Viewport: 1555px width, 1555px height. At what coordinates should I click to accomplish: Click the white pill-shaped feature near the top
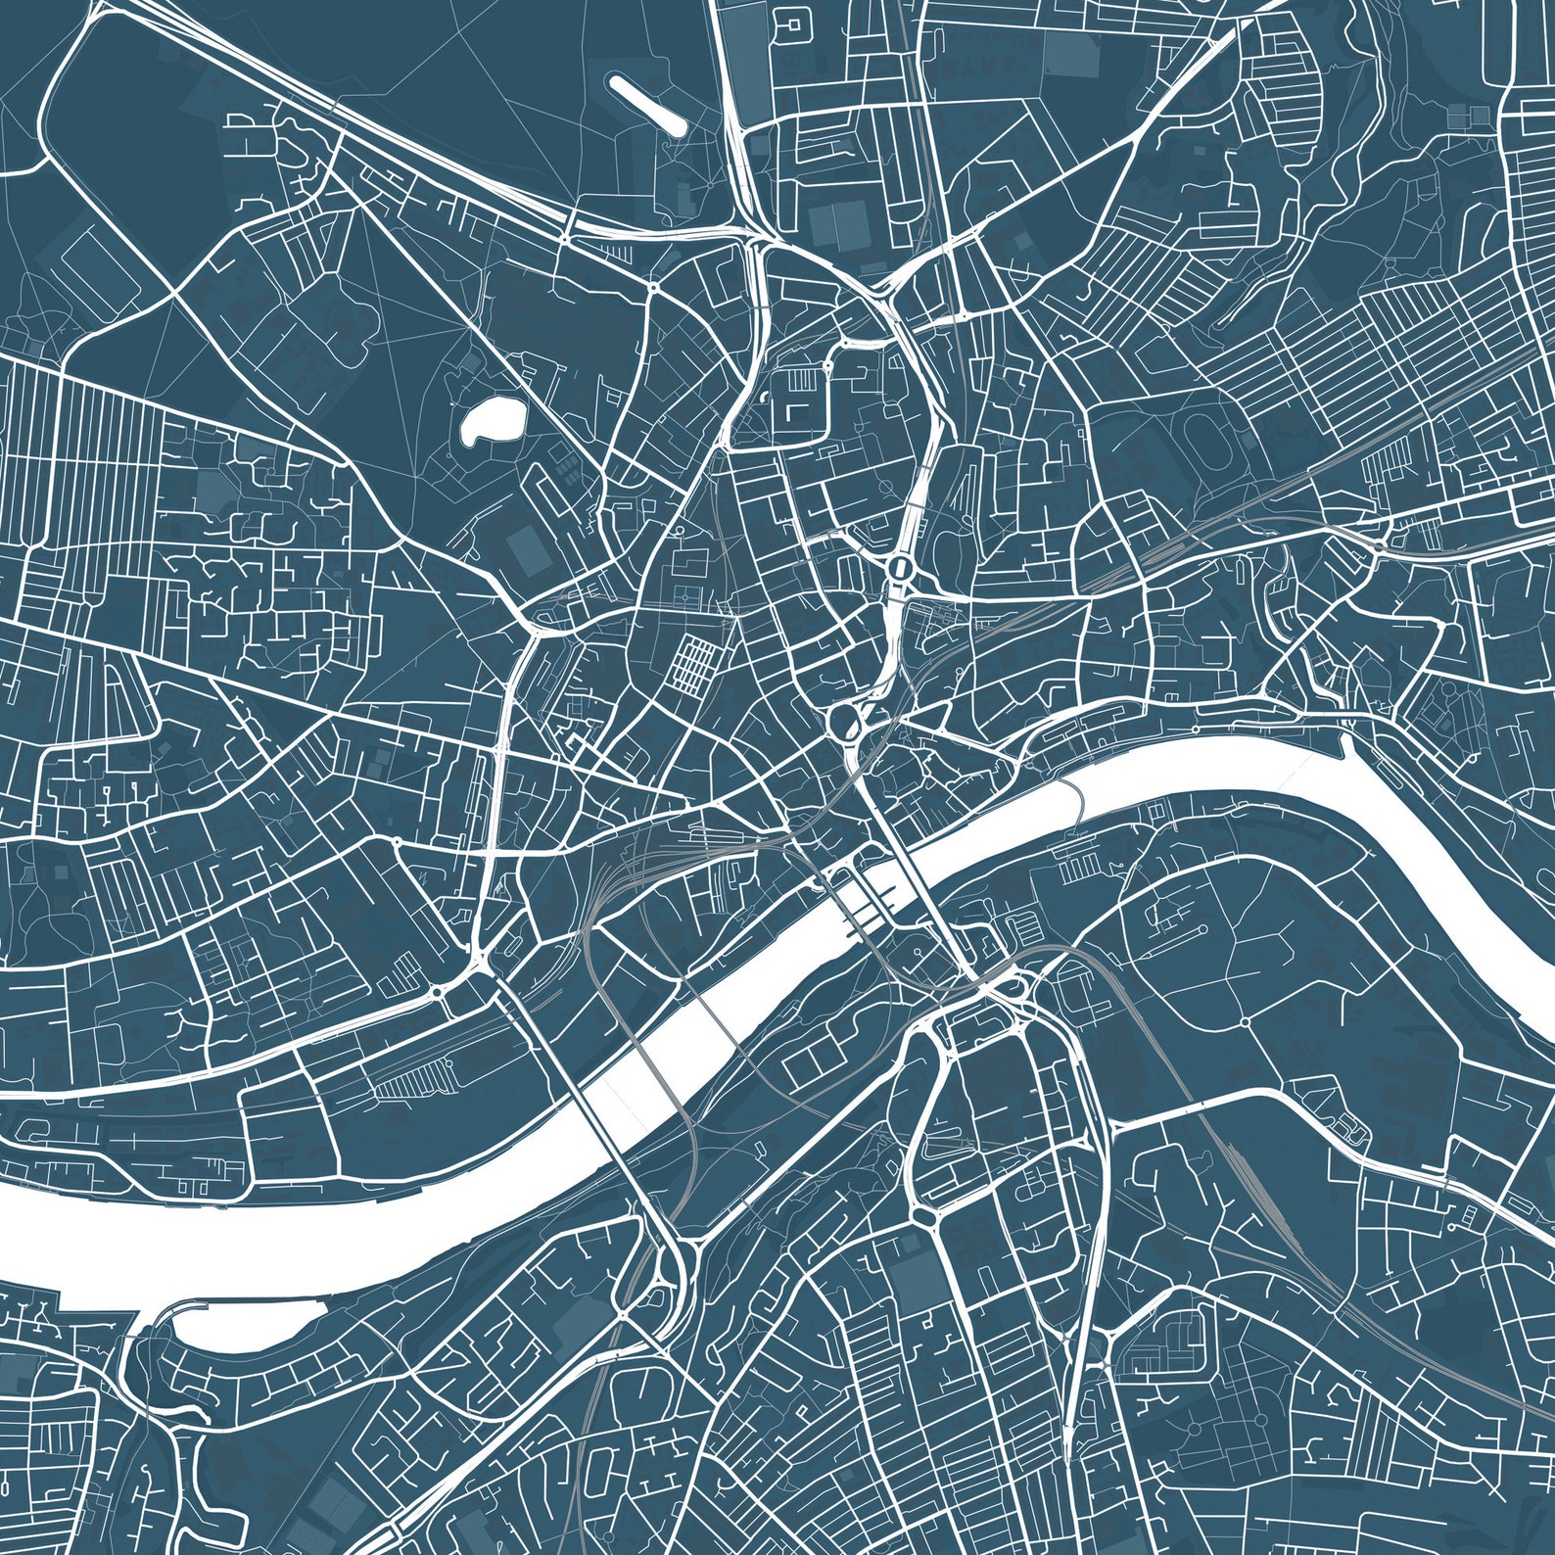click(x=647, y=104)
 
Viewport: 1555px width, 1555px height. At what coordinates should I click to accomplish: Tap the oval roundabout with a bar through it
click(x=899, y=567)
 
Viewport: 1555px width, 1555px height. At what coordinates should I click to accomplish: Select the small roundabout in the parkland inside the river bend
click(x=1243, y=1021)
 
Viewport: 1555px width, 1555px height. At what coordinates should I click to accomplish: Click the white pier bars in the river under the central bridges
click(x=867, y=906)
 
